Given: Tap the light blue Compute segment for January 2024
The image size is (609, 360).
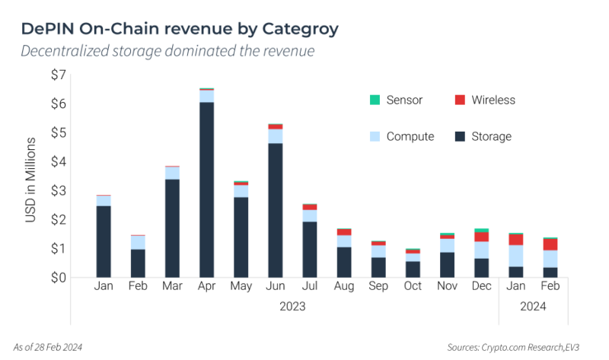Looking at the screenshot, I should (515, 256).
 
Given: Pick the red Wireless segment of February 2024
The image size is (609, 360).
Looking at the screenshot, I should (550, 244).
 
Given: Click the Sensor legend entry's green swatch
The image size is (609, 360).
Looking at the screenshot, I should (374, 100).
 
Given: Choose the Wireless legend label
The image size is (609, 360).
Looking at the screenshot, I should (493, 100).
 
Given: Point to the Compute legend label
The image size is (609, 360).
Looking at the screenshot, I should (410, 137).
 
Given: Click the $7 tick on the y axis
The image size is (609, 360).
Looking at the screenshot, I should (59, 75).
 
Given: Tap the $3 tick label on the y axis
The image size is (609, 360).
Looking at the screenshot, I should (59, 190).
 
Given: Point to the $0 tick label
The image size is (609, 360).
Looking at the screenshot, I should (59, 278).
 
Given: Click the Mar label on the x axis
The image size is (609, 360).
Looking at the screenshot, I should (172, 287).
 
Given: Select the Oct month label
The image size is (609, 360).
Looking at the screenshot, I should (412, 287).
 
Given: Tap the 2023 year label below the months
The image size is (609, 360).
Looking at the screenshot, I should (292, 307).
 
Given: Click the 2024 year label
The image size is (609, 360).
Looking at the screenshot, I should (533, 307).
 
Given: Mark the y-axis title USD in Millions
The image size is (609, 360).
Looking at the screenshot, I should (31, 180).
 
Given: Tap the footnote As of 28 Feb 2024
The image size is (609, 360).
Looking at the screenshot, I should (48, 347).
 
